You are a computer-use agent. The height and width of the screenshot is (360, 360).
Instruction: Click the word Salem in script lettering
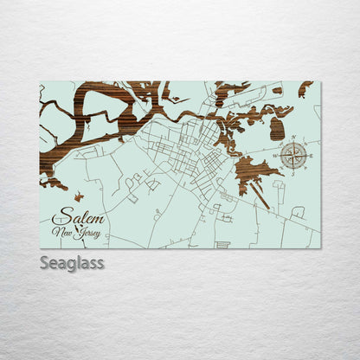(x=74, y=219)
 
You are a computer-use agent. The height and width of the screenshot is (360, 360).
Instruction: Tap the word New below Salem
(x=62, y=233)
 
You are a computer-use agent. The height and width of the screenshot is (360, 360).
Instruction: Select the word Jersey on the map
(x=88, y=234)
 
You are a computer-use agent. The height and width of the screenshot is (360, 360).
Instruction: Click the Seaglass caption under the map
(x=71, y=262)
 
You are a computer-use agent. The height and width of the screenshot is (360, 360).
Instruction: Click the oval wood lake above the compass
(x=277, y=129)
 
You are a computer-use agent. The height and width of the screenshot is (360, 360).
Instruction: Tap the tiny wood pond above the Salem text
(x=78, y=196)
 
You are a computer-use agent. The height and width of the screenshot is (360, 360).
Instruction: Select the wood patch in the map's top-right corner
(x=305, y=88)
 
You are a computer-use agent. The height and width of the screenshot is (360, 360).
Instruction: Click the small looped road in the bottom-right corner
(x=298, y=212)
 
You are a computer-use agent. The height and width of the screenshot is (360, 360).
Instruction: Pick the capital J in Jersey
(x=79, y=234)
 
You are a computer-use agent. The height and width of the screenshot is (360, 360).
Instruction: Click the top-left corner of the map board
(x=40, y=82)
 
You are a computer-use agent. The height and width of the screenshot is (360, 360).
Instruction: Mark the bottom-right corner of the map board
(x=320, y=248)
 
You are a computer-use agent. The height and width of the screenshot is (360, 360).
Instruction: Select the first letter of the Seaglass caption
(x=44, y=262)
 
